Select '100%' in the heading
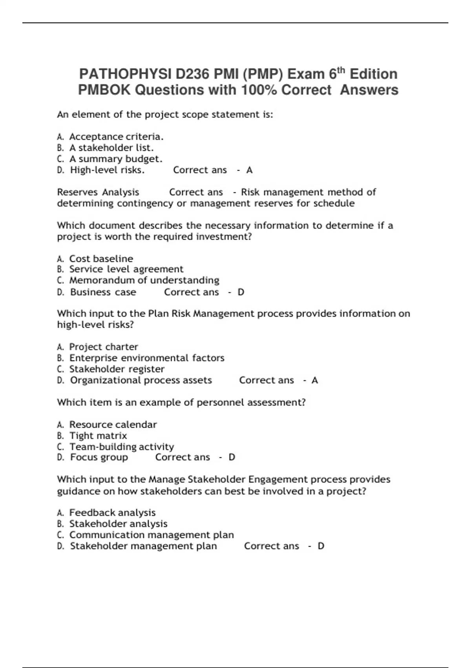(x=259, y=90)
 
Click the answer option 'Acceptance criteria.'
(x=116, y=137)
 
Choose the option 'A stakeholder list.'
(x=111, y=148)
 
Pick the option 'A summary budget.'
(x=116, y=159)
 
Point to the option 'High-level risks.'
(x=107, y=170)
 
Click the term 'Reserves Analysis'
(x=98, y=192)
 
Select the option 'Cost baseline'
(x=101, y=259)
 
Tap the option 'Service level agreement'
(x=126, y=269)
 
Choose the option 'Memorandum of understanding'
(x=144, y=280)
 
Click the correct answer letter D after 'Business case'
(x=241, y=292)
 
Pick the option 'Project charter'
(x=104, y=347)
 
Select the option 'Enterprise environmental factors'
(x=147, y=358)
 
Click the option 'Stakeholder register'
(x=117, y=369)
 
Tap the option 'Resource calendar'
(x=113, y=425)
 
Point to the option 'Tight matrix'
(x=98, y=436)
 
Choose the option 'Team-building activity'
(x=122, y=447)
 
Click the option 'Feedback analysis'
(x=112, y=513)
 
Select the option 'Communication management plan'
(x=152, y=535)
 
